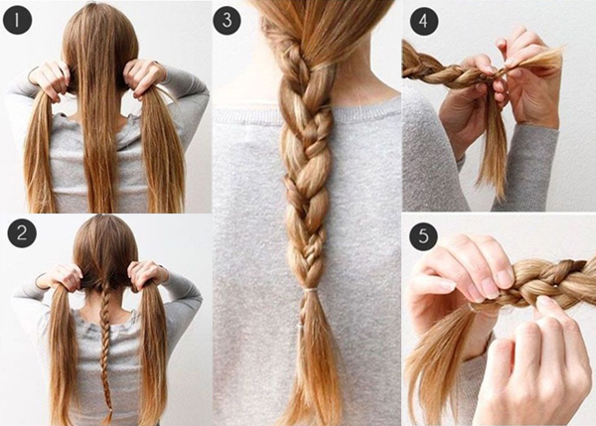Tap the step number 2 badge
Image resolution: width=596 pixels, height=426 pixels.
tap(17, 234)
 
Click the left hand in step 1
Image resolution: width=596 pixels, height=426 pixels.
tap(49, 77)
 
